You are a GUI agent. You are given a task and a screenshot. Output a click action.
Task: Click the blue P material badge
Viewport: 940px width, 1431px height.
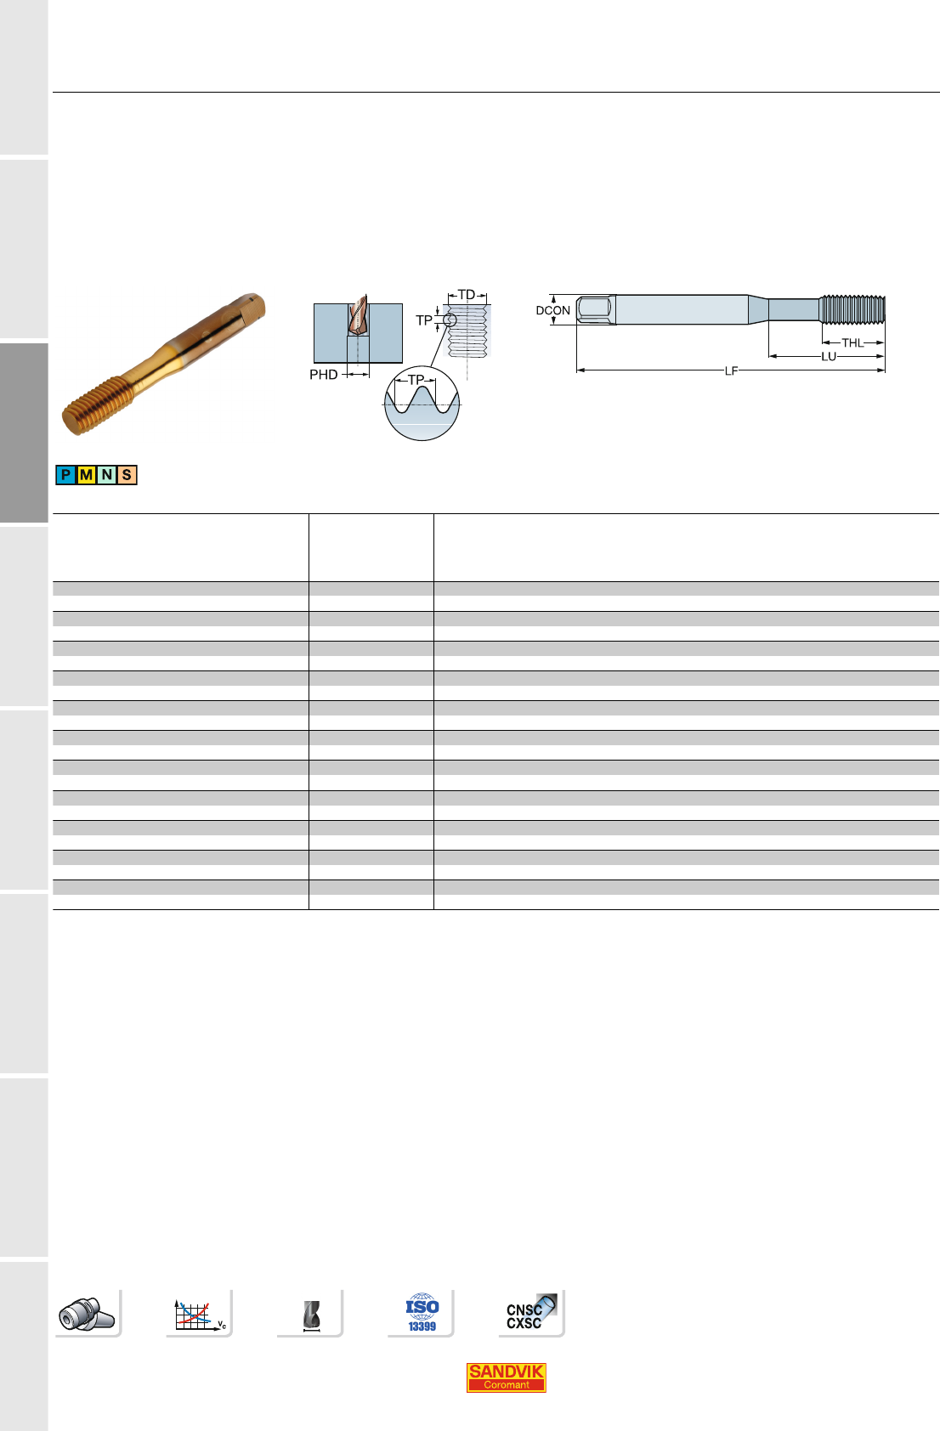click(65, 475)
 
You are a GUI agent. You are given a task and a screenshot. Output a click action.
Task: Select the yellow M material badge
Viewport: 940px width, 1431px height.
click(87, 475)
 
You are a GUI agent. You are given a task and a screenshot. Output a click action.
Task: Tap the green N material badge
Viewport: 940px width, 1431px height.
click(107, 475)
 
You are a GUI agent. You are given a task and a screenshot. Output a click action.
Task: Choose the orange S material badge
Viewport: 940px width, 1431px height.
click(127, 475)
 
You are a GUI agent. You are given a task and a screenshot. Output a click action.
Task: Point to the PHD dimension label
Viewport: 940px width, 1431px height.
click(323, 375)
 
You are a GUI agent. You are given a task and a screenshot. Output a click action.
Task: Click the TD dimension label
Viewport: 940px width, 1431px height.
click(467, 295)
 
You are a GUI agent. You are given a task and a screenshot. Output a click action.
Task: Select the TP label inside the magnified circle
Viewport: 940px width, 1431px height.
click(416, 380)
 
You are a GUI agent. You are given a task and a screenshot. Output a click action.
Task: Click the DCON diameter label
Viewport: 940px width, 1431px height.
click(552, 310)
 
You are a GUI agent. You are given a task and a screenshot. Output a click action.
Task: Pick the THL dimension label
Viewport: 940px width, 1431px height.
click(852, 343)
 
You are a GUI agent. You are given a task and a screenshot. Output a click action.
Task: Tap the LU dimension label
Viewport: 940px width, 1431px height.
click(829, 356)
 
